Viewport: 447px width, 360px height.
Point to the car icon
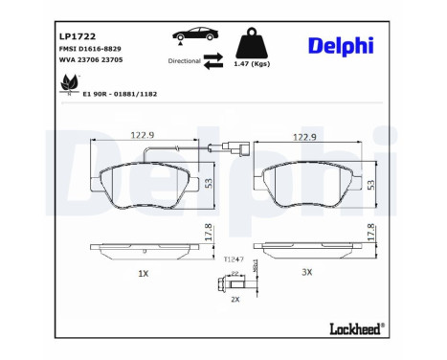[x=199, y=36]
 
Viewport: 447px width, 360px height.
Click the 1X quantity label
[x=143, y=273]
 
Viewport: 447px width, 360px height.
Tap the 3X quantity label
[x=307, y=272]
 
